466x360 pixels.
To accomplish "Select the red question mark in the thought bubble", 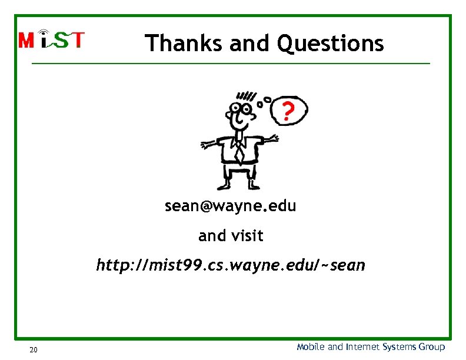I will pyautogui.click(x=287, y=111).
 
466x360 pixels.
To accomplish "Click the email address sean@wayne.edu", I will pyautogui.click(x=230, y=206).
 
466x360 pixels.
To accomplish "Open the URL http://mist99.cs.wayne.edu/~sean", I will pyautogui.click(x=231, y=265).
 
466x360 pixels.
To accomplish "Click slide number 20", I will pyautogui.click(x=34, y=351).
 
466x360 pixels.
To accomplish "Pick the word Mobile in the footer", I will pyautogui.click(x=311, y=347).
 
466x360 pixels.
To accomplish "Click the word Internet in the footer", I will pyautogui.click(x=362, y=347).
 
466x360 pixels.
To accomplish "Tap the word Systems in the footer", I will pyautogui.click(x=400, y=347).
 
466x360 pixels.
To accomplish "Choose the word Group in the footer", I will pyautogui.click(x=432, y=347).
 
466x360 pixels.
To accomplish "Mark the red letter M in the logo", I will pyautogui.click(x=27, y=40).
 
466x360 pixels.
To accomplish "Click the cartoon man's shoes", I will pyautogui.click(x=238, y=186).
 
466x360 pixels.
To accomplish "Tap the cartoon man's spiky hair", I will pyautogui.click(x=246, y=96).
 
